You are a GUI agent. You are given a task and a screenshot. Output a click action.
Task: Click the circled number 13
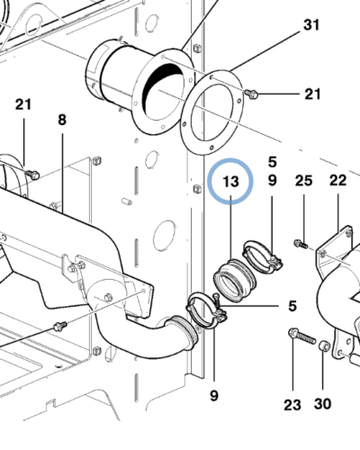tap(231, 182)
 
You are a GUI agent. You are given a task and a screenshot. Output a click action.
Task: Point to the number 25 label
tap(303, 181)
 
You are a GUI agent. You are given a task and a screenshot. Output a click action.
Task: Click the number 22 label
tap(337, 181)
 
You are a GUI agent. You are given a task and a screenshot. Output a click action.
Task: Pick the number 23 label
tap(292, 405)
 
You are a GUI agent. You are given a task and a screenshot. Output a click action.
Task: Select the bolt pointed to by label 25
tap(300, 241)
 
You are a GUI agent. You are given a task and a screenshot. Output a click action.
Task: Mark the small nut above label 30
tap(324, 346)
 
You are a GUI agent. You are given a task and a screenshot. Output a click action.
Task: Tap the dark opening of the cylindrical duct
tap(166, 85)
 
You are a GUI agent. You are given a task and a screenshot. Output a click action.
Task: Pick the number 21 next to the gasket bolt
tap(311, 94)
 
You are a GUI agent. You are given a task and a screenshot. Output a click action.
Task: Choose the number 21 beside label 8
tap(22, 105)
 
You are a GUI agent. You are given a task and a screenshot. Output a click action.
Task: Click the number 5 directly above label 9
tap(271, 162)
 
